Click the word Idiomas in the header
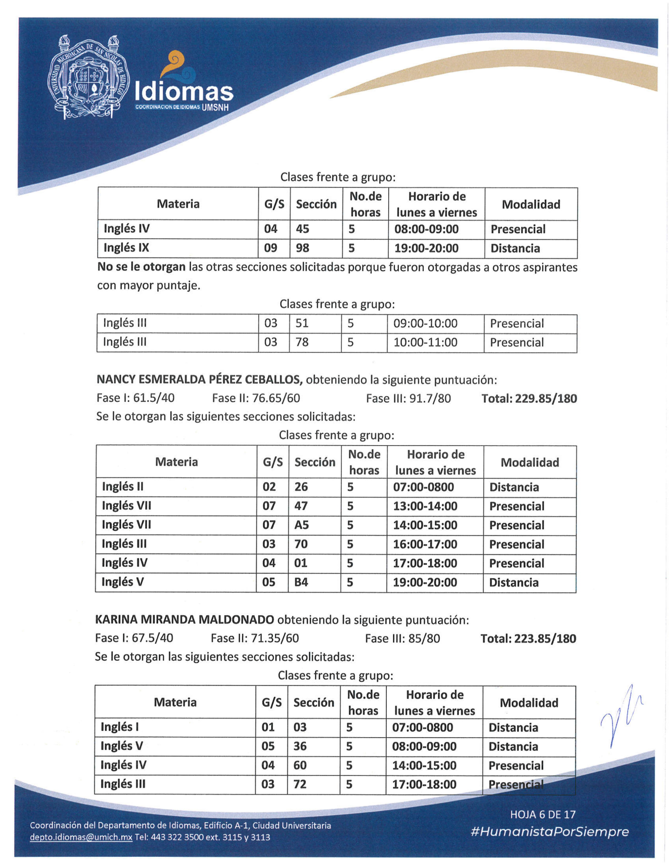(184, 92)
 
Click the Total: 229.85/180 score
(529, 398)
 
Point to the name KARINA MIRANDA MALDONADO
(184, 619)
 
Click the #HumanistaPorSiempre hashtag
(549, 832)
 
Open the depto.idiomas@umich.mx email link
(81, 837)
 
